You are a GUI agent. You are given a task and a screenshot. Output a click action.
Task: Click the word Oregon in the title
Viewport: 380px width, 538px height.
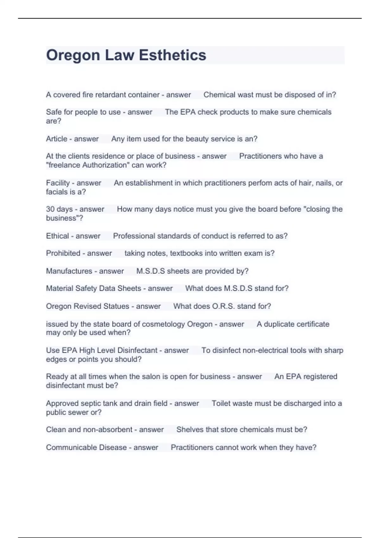click(x=73, y=55)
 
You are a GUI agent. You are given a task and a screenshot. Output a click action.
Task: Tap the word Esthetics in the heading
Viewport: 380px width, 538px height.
click(x=173, y=55)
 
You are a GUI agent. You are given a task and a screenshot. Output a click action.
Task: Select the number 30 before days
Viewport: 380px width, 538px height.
click(x=50, y=209)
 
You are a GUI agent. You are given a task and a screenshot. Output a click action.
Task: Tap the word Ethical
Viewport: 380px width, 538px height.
click(x=57, y=236)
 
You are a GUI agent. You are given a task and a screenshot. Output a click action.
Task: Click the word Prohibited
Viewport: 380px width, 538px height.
click(x=63, y=253)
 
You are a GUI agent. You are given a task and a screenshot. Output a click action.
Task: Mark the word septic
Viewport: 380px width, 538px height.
click(x=92, y=403)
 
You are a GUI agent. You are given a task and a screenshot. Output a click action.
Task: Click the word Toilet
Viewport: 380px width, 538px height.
click(x=222, y=403)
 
